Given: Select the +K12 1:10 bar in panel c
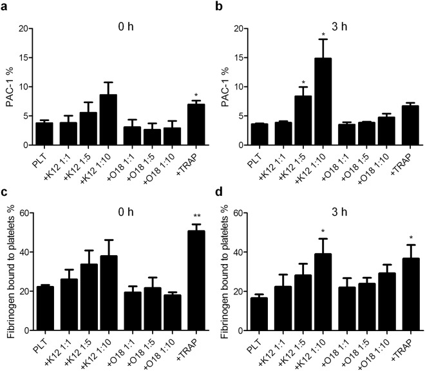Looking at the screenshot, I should point(93,293).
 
